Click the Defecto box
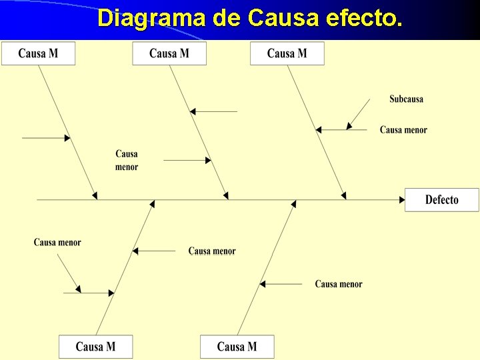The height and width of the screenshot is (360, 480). pos(441,200)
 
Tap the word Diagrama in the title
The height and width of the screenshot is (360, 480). pos(151,18)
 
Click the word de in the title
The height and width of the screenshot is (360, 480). pos(227,18)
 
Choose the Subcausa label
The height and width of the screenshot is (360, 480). pos(406,99)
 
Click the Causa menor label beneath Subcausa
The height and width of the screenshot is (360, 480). pos(403,130)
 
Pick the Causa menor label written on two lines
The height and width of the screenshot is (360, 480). pos(127,161)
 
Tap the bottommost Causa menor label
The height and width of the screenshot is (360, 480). pos(339,284)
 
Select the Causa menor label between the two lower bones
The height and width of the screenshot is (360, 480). pos(212,251)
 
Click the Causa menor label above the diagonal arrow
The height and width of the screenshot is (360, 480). pos(57,243)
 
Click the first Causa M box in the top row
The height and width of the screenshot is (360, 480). pos(38,53)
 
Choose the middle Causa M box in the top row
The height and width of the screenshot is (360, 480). pos(169,53)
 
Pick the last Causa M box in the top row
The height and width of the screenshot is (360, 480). pos(287,53)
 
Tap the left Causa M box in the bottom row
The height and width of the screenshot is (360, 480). pos(96,347)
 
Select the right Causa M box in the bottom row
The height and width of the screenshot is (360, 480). pos(237,347)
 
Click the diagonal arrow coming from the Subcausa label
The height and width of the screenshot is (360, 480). pos(359,114)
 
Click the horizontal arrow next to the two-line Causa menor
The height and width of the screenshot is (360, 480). pos(187,160)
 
